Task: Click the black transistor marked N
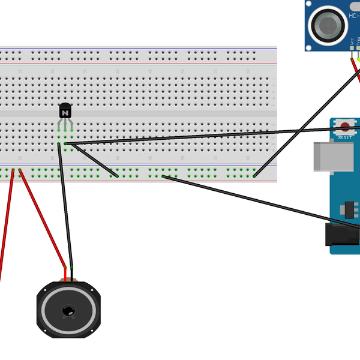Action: point(65,111)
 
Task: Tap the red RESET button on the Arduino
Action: point(346,126)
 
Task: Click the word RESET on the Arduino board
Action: point(346,137)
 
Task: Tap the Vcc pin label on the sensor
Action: point(352,42)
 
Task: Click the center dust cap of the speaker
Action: point(68,310)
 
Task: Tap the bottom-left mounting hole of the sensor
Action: point(310,44)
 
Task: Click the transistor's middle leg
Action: point(65,127)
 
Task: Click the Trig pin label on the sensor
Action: point(358,42)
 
